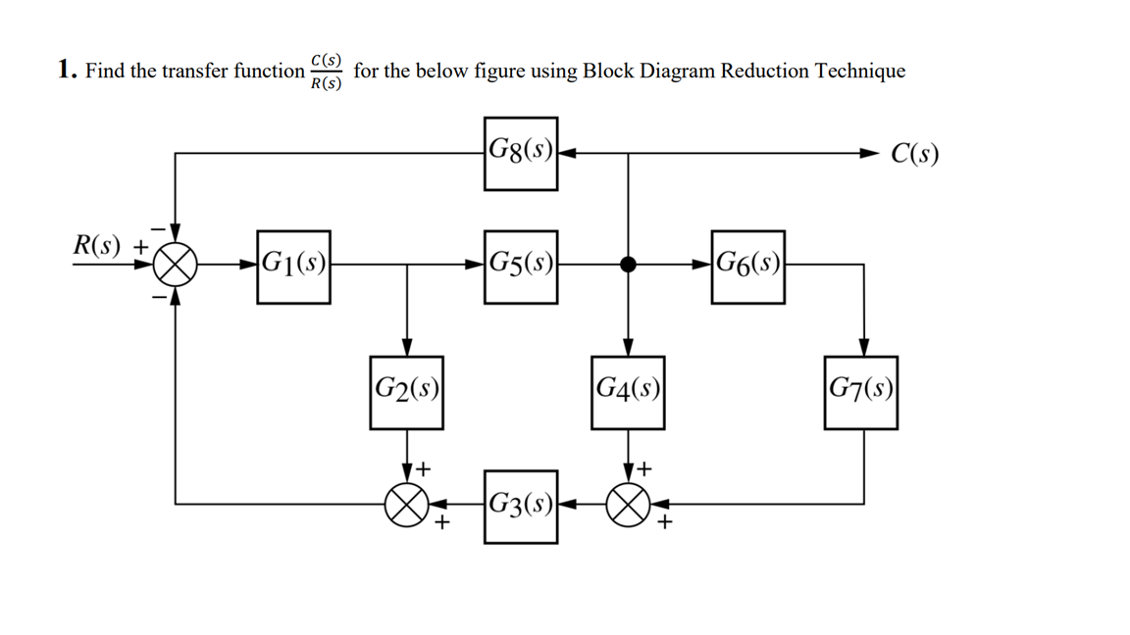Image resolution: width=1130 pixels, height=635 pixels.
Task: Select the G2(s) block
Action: click(406, 392)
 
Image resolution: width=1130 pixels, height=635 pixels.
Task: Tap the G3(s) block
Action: click(520, 507)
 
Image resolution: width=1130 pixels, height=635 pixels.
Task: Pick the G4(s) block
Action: click(628, 392)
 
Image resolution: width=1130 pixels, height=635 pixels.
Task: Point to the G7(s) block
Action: click(860, 392)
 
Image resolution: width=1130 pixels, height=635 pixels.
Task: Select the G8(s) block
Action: click(520, 153)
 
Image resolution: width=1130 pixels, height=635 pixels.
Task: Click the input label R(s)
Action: click(98, 245)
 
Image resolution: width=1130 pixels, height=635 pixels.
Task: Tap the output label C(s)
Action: click(914, 154)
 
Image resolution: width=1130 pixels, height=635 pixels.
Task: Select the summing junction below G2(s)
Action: click(406, 506)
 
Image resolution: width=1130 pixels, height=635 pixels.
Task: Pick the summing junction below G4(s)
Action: click(628, 506)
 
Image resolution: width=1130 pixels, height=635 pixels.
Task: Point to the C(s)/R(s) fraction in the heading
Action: click(326, 72)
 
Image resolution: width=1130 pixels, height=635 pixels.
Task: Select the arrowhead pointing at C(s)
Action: click(870, 154)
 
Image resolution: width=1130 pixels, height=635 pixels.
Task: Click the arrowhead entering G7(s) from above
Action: click(863, 347)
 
